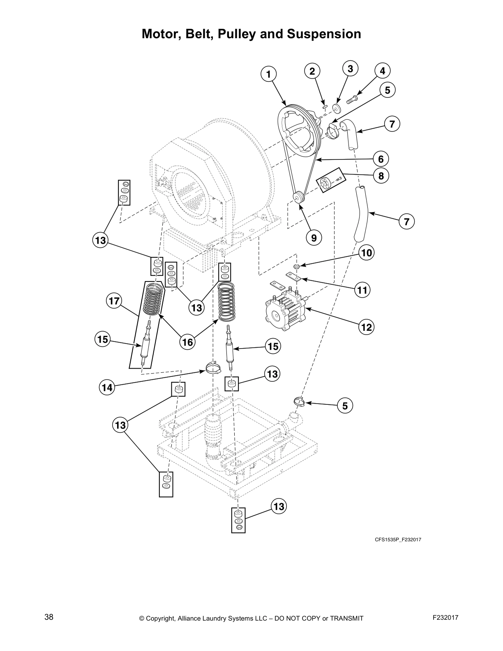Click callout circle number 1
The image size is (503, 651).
(268, 74)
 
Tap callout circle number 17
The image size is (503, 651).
(114, 301)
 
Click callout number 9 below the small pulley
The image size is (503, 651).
(314, 238)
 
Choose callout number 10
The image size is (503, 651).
(366, 252)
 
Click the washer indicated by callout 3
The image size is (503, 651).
(337, 108)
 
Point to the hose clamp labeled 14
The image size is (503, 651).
(213, 367)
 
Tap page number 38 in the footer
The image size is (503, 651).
(48, 617)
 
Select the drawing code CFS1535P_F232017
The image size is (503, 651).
(397, 540)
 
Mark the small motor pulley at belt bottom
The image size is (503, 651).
(297, 197)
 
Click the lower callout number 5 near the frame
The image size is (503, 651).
(345, 406)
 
